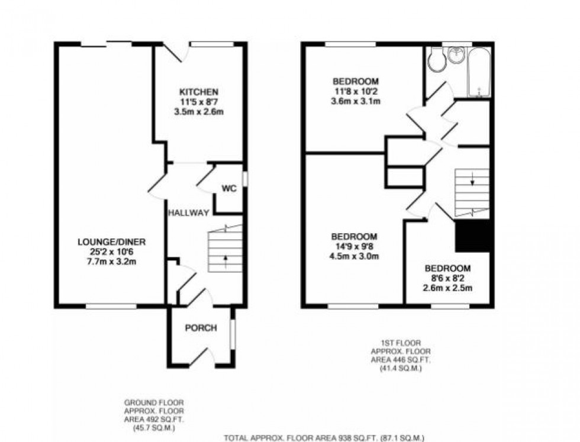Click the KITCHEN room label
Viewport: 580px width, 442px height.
[199, 92]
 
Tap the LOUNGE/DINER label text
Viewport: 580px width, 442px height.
[111, 241]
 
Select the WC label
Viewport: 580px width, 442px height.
[229, 189]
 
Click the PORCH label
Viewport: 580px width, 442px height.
[201, 328]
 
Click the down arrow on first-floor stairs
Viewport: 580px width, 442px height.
[472, 181]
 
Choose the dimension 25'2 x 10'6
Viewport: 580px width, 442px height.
[111, 251]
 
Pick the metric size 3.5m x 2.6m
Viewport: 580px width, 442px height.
[199, 111]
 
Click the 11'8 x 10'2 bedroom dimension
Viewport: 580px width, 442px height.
[355, 91]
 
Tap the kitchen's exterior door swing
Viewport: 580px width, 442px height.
[176, 53]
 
